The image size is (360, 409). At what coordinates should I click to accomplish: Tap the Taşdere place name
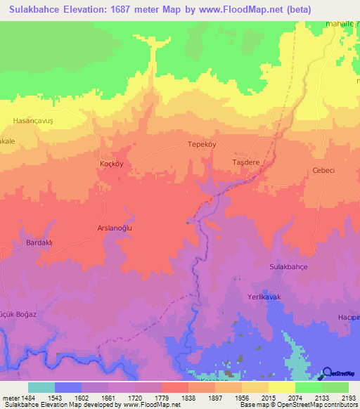point(246,161)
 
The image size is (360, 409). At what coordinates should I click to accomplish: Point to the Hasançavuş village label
point(33,121)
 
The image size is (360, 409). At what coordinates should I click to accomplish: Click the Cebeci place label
point(325,170)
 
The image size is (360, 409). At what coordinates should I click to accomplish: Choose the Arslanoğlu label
point(115,228)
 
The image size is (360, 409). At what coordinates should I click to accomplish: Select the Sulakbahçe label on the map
point(289,267)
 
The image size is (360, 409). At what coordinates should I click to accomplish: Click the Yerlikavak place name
point(264,298)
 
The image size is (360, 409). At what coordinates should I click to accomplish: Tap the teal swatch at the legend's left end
point(41,387)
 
